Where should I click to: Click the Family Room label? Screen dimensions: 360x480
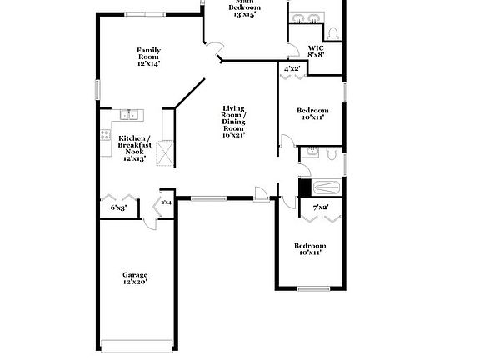(148, 56)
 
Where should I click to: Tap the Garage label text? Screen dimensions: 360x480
(135, 279)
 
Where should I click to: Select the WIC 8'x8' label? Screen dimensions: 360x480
(316, 52)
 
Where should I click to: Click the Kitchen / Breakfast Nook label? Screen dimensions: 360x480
(133, 147)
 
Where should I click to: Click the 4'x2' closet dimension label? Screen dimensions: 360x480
(292, 69)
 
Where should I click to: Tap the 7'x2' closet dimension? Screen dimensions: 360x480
(320, 207)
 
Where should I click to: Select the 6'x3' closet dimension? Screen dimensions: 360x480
(118, 207)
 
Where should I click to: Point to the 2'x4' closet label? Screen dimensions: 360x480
(167, 202)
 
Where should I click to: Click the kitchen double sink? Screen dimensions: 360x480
(129, 115)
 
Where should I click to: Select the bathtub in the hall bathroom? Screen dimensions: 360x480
(322, 187)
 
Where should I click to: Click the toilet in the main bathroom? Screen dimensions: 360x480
(333, 32)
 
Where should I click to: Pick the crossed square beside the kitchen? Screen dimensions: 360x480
(165, 152)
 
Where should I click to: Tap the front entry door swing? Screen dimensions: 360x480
(262, 194)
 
